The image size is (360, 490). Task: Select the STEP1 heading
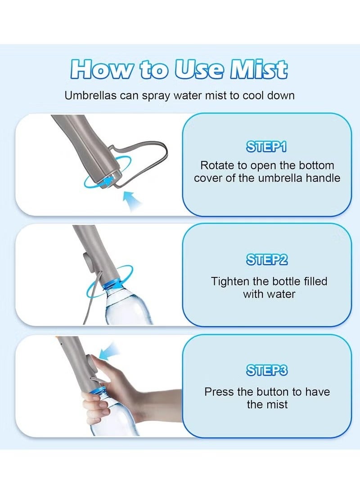[266, 147]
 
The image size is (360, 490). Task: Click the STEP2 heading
[267, 260]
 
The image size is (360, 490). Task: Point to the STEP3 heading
[267, 370]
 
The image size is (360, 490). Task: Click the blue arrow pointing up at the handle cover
[133, 200]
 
